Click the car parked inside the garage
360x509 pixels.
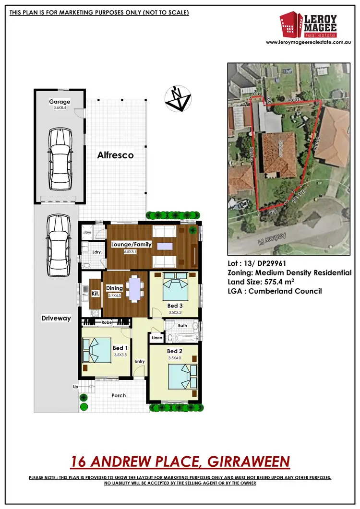60,157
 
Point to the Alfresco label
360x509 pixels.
115,155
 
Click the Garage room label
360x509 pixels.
60,102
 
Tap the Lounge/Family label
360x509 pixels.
131,244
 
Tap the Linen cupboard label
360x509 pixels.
157,338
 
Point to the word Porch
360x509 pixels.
119,395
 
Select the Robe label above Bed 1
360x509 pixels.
107,323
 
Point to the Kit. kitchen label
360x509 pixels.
95,292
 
